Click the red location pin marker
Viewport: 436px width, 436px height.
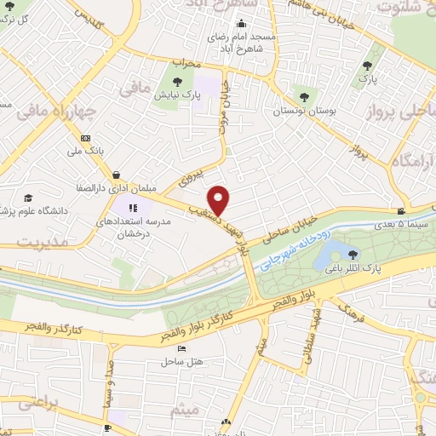pos(220,199)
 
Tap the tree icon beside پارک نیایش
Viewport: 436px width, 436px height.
pos(177,82)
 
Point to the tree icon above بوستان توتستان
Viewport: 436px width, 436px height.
pos(300,97)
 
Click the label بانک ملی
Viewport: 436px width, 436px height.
pos(85,151)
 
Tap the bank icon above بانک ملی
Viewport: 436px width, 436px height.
pos(85,138)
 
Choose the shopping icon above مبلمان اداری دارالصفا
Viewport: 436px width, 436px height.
pos(117,175)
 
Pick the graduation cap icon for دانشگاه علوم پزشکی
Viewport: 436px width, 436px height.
pos(29,197)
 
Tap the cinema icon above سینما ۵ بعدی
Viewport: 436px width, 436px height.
pos(401,211)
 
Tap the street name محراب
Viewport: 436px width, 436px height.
pos(185,62)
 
